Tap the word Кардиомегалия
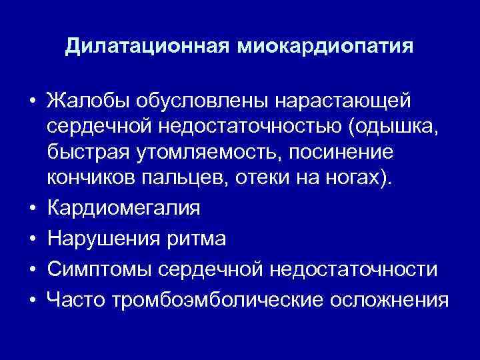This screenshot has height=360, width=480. click(x=123, y=207)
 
